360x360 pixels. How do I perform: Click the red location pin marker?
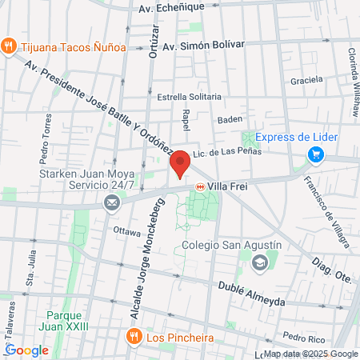tap(181, 163)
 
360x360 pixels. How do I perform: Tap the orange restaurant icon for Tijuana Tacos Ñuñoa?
tap(10, 46)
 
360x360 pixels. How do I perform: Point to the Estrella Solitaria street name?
tap(189, 97)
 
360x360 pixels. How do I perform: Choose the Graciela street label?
tap(307, 80)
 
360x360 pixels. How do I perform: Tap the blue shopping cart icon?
tap(316, 154)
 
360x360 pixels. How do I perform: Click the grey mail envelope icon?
tap(110, 204)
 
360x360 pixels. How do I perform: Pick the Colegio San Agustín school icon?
tap(259, 262)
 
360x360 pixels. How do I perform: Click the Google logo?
tap(26, 350)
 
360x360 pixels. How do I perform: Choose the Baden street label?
tap(230, 121)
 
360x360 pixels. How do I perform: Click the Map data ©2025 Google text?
tap(310, 354)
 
